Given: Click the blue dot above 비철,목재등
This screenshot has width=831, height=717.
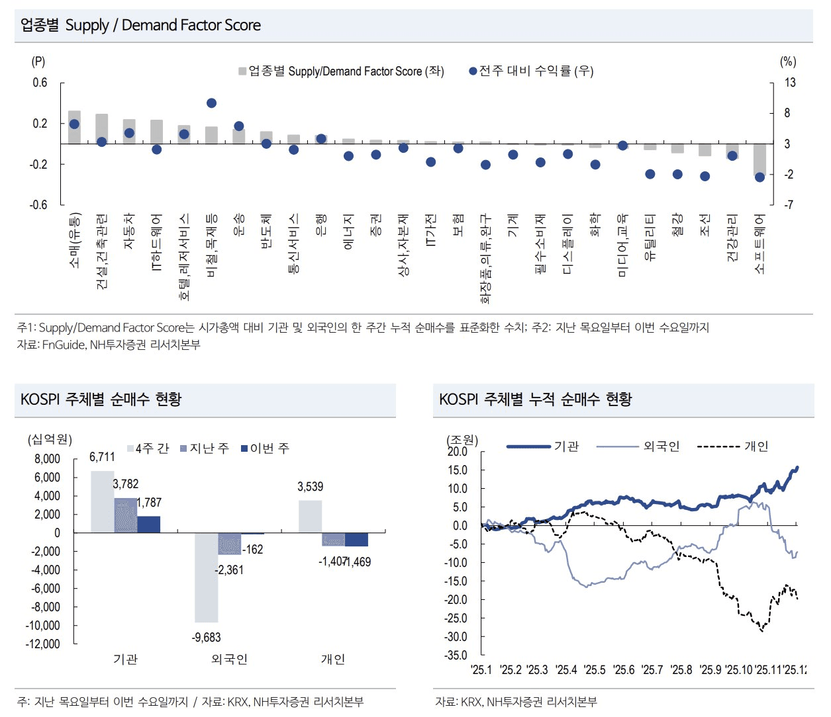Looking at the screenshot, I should [x=211, y=103].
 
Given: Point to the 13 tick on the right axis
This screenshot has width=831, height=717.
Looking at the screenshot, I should [x=790, y=83].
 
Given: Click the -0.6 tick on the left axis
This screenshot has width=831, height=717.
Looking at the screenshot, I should [x=39, y=205].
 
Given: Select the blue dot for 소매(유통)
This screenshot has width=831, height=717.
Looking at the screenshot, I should [x=74, y=124].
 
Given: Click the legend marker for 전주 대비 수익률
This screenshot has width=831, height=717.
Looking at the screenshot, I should [x=473, y=71].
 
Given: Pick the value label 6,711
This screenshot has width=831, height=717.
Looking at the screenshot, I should [x=102, y=457].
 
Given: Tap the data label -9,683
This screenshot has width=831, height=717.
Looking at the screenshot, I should [x=206, y=638].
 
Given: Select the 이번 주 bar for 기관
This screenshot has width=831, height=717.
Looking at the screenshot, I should [x=148, y=525].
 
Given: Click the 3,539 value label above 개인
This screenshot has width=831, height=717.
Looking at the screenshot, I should [x=310, y=487].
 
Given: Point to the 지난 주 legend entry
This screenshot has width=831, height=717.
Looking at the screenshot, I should [x=205, y=448].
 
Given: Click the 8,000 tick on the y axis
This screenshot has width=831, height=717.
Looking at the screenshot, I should [x=47, y=459].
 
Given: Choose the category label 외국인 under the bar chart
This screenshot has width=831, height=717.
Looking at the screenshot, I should [x=229, y=659].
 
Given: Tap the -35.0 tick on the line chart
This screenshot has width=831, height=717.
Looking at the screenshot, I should [x=456, y=655].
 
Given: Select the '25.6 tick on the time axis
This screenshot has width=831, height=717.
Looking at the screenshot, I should [x=624, y=670].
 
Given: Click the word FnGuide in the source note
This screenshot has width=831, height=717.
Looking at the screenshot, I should [x=64, y=345].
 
